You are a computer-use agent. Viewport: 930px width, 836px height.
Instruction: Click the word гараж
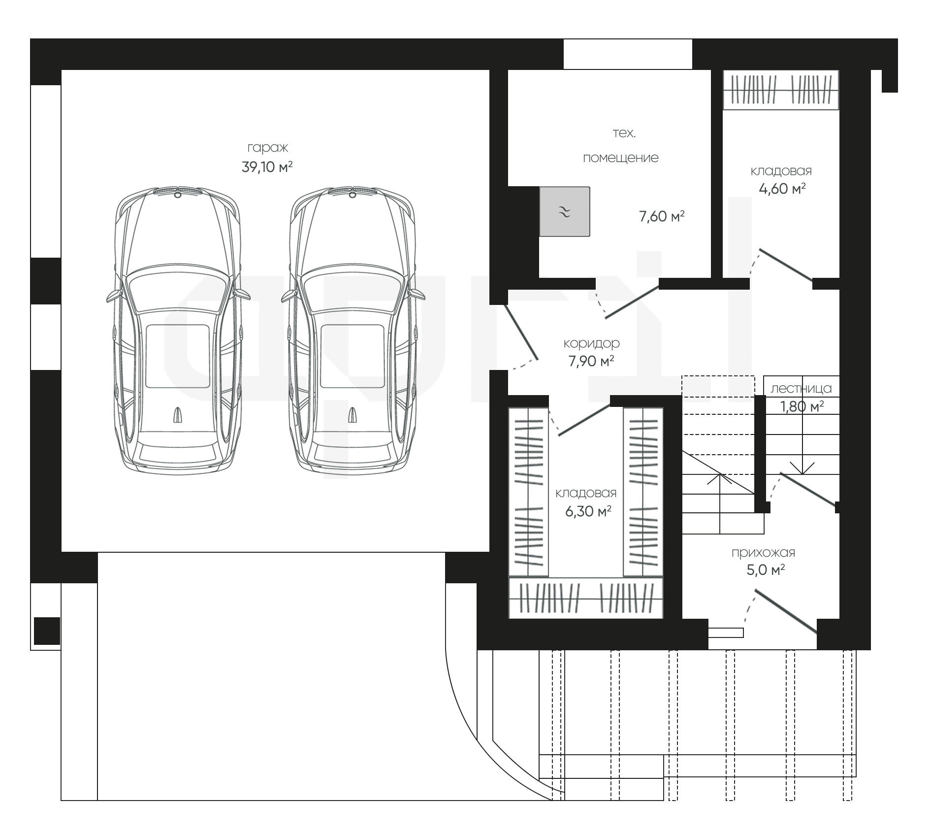click(267, 148)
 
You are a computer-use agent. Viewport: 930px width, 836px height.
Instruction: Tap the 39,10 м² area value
click(267, 167)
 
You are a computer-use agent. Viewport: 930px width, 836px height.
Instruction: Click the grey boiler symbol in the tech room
click(565, 211)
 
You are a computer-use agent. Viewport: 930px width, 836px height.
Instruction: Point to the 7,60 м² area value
click(662, 216)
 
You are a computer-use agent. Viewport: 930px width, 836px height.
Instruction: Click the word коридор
click(591, 343)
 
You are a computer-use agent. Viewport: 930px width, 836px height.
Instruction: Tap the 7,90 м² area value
click(591, 362)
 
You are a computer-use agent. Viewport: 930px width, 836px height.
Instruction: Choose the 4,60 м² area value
click(782, 189)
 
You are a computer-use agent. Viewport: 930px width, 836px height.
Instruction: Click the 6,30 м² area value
click(588, 511)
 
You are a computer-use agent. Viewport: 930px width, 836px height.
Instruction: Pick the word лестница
click(801, 389)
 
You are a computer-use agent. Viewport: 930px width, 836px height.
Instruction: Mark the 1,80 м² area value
click(802, 407)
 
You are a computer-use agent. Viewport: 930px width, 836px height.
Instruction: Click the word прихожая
click(763, 553)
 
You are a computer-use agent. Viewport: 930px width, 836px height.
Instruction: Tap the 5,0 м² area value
click(766, 570)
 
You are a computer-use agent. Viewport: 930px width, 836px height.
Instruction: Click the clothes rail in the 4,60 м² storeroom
click(781, 90)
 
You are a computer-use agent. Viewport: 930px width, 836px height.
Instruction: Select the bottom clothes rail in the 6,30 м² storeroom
click(586, 598)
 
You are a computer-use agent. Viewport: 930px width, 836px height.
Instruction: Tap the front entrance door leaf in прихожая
click(786, 611)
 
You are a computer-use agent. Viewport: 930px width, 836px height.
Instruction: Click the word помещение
click(620, 158)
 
